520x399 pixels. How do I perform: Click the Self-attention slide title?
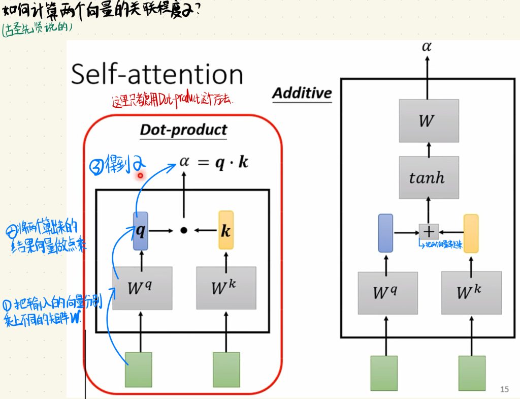(x=157, y=74)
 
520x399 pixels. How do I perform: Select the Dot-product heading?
(x=183, y=130)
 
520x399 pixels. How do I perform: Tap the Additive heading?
(x=302, y=93)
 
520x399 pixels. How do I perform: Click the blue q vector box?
(x=141, y=231)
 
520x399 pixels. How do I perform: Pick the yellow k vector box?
(x=226, y=230)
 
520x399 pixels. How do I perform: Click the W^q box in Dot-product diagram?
(x=142, y=288)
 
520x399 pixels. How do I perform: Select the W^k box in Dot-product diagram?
(x=226, y=288)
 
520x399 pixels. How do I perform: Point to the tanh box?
(x=429, y=177)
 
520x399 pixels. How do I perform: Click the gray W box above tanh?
(x=429, y=121)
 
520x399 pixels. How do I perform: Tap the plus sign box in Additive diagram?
(x=429, y=232)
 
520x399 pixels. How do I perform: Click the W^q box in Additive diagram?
(x=387, y=293)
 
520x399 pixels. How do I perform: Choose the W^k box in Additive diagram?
(x=471, y=293)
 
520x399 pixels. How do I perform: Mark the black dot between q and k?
(x=184, y=230)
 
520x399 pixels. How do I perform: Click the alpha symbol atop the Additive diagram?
(x=427, y=47)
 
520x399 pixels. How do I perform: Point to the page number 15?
(x=504, y=389)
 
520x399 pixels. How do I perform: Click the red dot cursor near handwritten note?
(x=140, y=175)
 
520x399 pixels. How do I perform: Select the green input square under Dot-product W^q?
(x=139, y=370)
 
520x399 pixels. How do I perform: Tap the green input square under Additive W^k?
(x=471, y=373)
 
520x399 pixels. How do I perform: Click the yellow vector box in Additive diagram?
(x=471, y=233)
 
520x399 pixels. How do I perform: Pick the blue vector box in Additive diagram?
(x=386, y=233)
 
